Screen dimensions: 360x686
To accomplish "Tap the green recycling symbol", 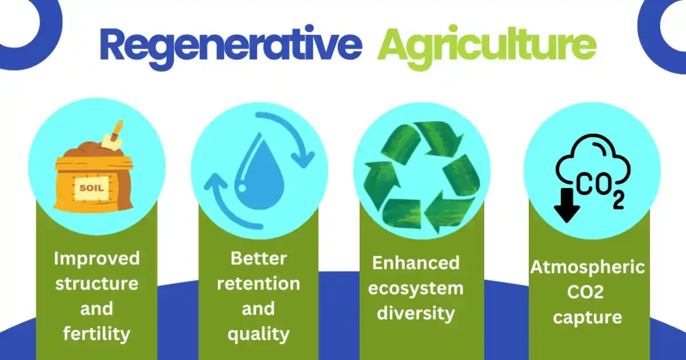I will click(422, 174).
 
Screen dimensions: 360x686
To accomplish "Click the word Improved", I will click(96, 258).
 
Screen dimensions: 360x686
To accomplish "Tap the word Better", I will click(258, 258).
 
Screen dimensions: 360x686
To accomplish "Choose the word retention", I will click(258, 283).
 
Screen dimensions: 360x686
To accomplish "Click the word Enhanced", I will click(416, 263).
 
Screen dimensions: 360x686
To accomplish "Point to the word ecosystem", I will click(416, 288).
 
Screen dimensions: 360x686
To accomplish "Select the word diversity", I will click(416, 313).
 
